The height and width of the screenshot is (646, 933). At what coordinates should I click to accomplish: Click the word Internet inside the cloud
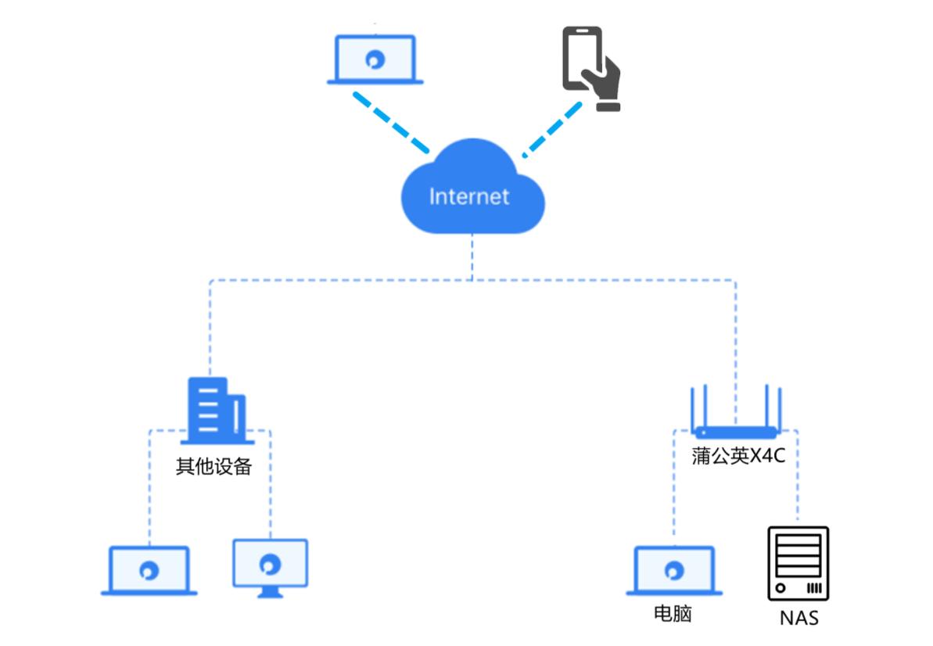(468, 196)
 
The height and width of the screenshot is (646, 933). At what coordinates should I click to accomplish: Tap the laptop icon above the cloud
(375, 59)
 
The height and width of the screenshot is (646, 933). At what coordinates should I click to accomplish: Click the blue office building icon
(216, 411)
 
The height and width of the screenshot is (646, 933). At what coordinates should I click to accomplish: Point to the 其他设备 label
(214, 467)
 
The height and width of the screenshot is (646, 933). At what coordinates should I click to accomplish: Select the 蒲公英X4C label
(737, 456)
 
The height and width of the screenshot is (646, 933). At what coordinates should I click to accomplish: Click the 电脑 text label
(673, 613)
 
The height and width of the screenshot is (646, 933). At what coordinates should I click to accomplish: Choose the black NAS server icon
(798, 563)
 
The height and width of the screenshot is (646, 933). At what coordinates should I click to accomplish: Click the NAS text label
(798, 618)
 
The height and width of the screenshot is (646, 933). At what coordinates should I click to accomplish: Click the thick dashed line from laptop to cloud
(390, 122)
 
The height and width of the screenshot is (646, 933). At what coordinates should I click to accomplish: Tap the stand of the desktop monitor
(270, 592)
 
